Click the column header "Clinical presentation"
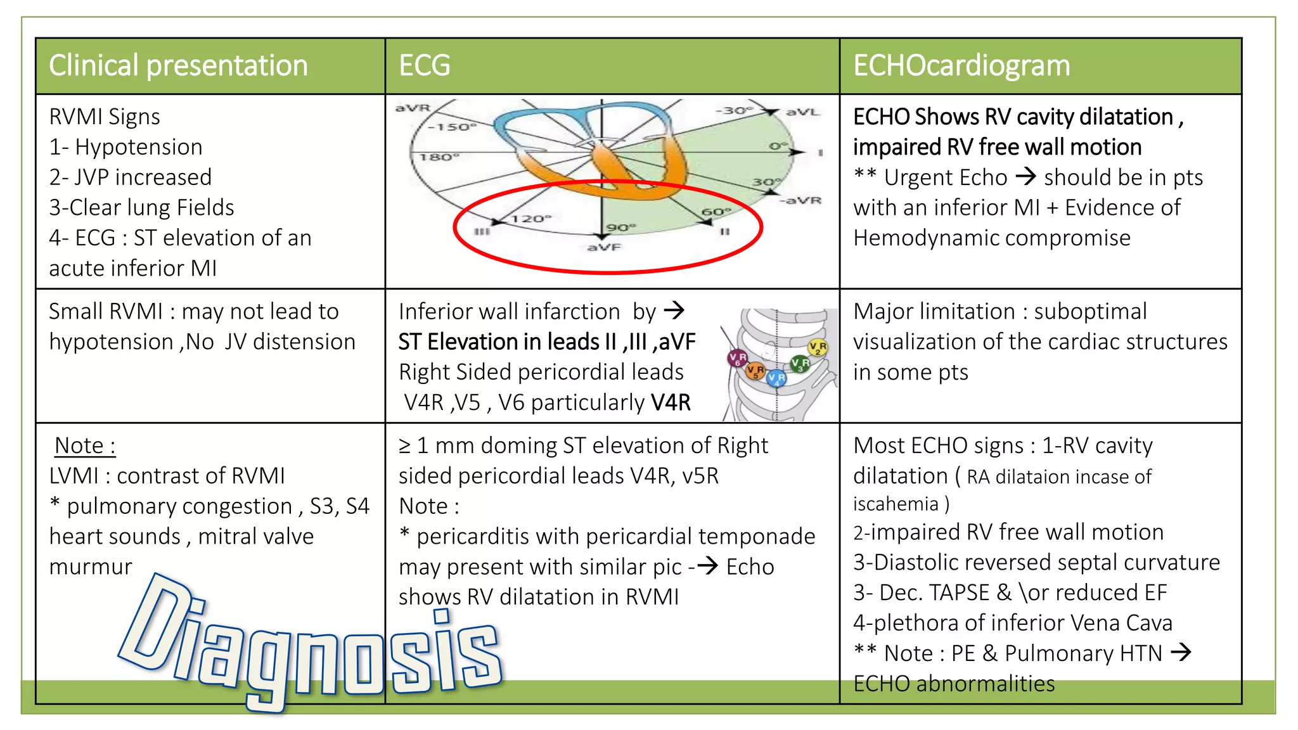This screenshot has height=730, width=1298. pos(178,66)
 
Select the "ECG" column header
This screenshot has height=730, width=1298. pos(425,65)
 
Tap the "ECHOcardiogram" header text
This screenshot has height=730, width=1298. pos(961,66)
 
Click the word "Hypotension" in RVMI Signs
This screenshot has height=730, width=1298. pos(139,147)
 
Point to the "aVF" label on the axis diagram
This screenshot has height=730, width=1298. pos(604,247)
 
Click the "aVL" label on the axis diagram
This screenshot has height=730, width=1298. pos(802,112)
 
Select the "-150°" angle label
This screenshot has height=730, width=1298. pos(451,127)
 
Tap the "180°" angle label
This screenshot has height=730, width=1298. pos(439,157)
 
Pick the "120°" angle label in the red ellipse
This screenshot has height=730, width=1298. pos(531,219)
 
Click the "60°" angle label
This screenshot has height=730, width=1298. pos(716,211)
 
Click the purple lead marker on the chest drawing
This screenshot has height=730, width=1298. pos(738,359)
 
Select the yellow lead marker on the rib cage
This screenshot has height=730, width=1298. pos(818,347)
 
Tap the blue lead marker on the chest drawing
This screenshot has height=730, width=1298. pos(776,379)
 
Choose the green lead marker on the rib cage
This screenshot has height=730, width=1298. pos(800,364)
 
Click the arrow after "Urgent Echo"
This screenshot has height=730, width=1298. pos(1026,176)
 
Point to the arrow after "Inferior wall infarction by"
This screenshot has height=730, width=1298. pos(674,311)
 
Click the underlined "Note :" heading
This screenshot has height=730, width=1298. pos(85,445)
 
